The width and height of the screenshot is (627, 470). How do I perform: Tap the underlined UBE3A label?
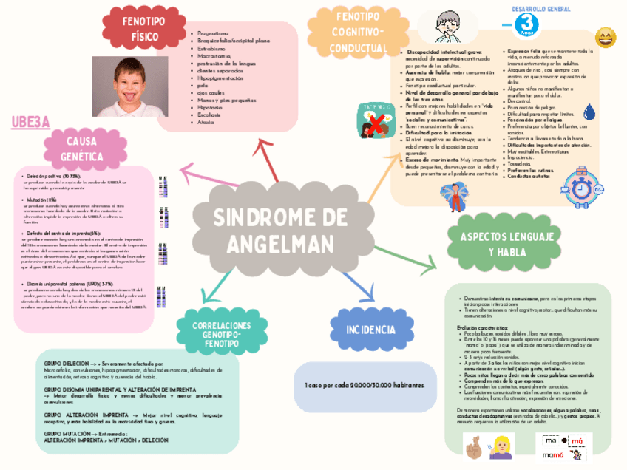[x=30, y=123]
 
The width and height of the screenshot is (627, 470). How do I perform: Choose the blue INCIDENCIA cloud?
[x=365, y=328]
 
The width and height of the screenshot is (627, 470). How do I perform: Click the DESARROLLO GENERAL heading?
[x=540, y=9]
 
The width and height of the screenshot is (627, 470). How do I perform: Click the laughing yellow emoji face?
[x=606, y=37]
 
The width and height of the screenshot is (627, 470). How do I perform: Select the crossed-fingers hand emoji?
[x=472, y=446]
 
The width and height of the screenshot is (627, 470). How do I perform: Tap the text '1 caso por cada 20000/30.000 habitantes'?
[x=365, y=386]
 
